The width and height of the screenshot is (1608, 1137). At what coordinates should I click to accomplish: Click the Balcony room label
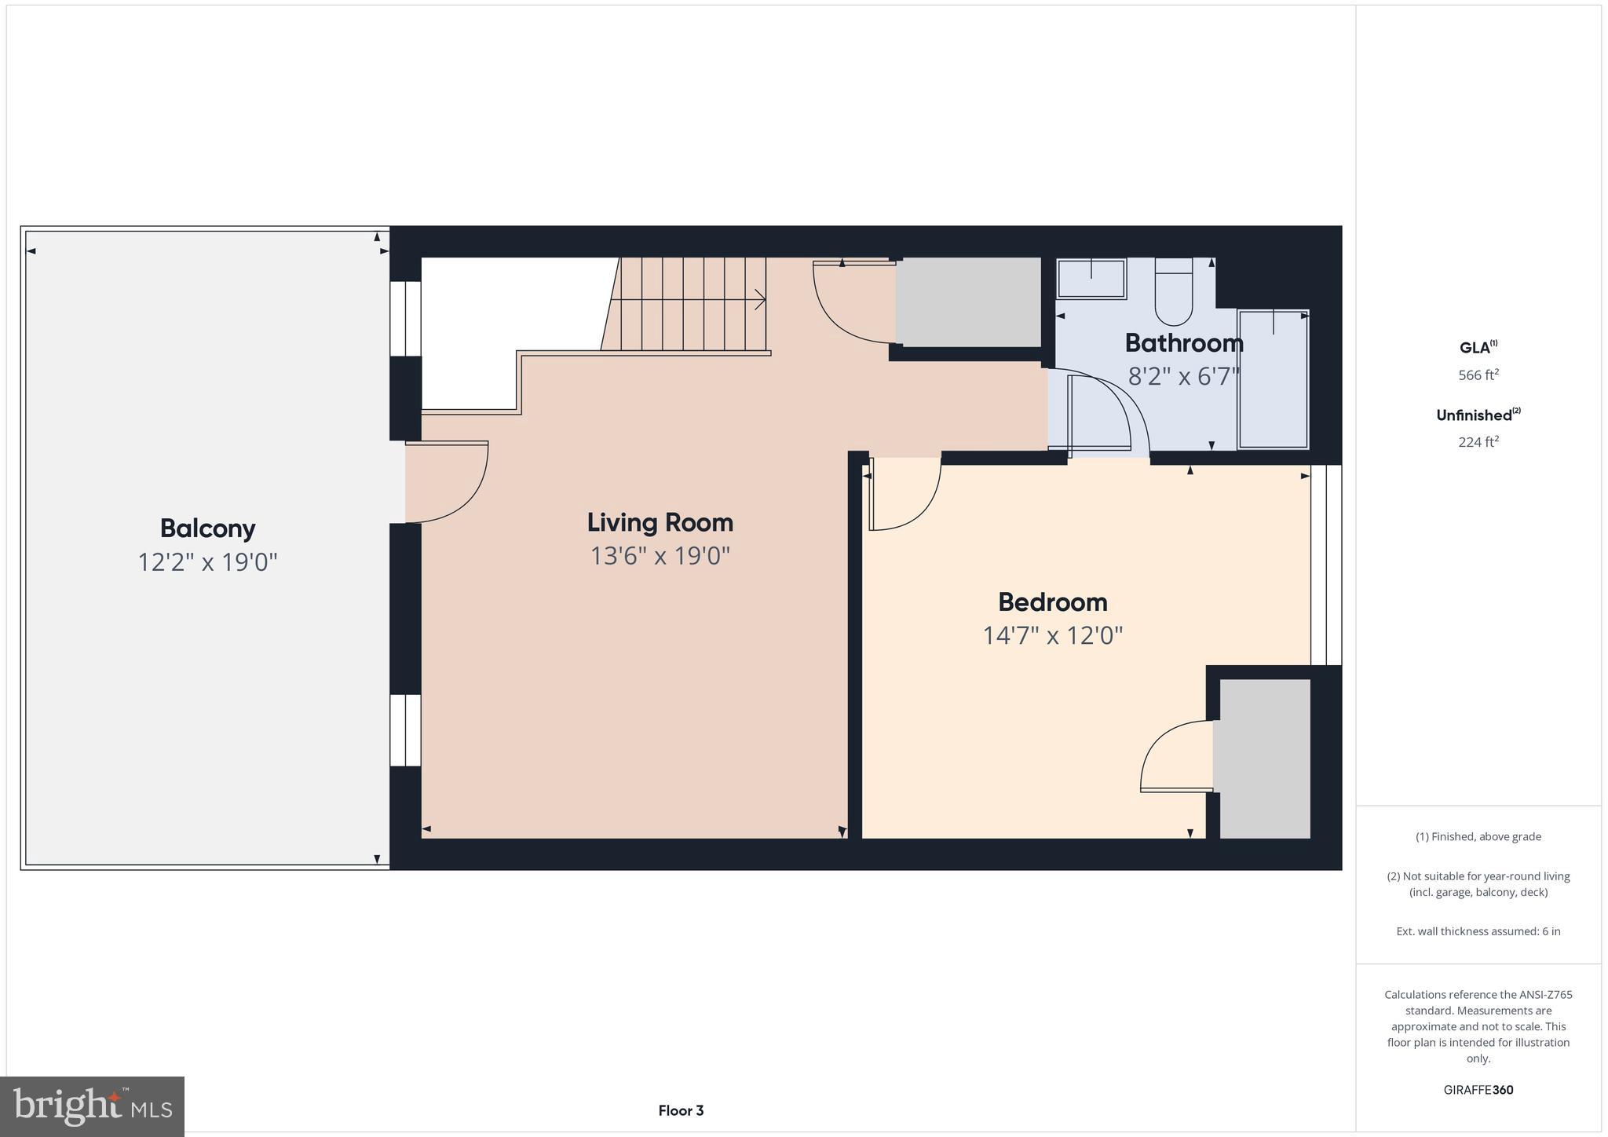(207, 528)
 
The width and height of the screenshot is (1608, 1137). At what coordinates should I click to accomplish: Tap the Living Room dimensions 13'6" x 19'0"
(660, 556)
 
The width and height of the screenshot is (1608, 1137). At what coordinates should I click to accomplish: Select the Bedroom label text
(1052, 602)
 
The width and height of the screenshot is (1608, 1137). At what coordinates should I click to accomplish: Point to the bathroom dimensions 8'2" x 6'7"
(1183, 377)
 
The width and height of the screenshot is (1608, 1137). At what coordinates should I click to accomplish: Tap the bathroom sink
(1091, 278)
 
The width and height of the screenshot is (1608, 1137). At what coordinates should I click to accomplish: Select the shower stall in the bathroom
(1273, 380)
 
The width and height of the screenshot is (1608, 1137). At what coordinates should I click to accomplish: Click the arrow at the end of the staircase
(758, 299)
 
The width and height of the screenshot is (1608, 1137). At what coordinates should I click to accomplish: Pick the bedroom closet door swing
(1175, 756)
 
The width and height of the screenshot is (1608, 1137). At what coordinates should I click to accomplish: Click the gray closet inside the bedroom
(1263, 758)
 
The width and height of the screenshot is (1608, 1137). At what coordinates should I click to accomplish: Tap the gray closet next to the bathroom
(968, 302)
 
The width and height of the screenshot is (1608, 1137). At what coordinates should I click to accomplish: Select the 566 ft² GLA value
(1478, 375)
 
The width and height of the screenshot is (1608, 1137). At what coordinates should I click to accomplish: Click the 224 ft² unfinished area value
(1478, 442)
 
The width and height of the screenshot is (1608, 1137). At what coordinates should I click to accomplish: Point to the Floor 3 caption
(681, 1110)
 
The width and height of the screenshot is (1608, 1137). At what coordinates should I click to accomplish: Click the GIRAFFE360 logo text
(1478, 1090)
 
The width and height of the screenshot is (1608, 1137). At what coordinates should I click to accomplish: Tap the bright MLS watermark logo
(93, 1106)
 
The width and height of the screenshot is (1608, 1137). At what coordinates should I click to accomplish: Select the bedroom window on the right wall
(1326, 565)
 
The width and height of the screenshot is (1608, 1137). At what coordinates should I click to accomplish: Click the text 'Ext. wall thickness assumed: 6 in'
(1478, 931)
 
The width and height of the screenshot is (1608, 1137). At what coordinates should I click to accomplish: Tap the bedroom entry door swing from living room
(903, 495)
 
